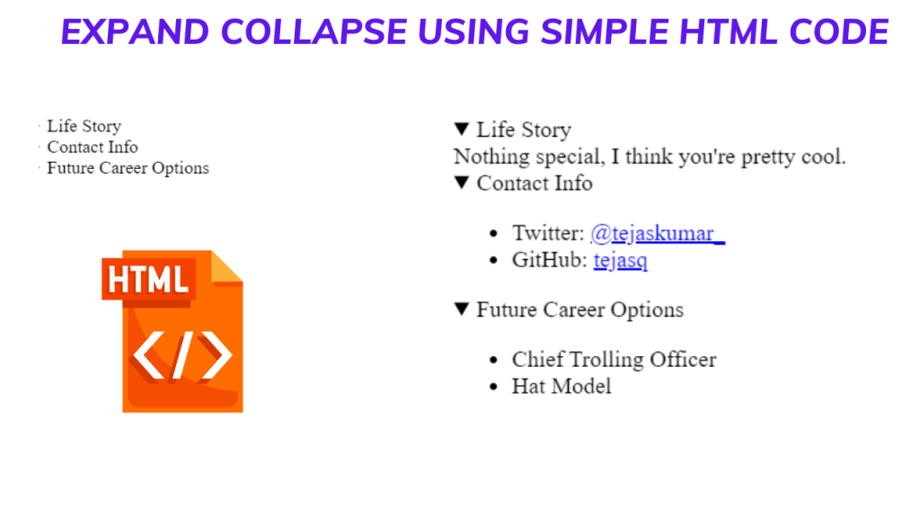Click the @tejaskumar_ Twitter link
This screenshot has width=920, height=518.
coord(657,234)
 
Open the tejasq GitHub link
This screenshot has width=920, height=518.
coord(620,261)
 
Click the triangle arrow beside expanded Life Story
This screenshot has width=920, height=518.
coord(462,129)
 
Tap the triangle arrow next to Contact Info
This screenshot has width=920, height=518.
coord(462,183)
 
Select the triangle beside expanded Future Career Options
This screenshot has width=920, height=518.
coord(462,309)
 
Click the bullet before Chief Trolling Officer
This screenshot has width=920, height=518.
coord(492,361)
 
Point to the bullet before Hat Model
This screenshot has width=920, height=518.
coord(492,388)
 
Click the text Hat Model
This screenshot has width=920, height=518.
coord(562,387)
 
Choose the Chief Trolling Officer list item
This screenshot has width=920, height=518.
coord(614,360)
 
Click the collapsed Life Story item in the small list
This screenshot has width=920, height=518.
coord(84,126)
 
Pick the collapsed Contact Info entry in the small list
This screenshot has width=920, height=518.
coord(93,147)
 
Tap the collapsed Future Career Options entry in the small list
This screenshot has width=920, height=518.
coord(128,168)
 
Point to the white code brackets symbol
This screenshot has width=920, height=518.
coord(182,356)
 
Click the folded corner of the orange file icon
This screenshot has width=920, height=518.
coord(227,265)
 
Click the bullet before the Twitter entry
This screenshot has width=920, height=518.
coord(492,235)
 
